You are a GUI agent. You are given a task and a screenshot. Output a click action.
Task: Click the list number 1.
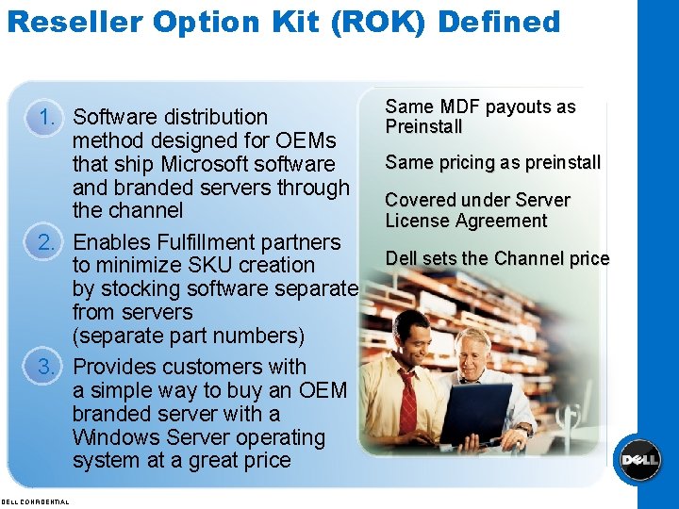(x=49, y=117)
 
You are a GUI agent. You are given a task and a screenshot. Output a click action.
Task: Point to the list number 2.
(x=49, y=242)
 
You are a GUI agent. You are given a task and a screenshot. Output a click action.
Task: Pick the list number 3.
(x=49, y=367)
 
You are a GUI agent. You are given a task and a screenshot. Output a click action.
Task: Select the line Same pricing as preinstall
(x=492, y=162)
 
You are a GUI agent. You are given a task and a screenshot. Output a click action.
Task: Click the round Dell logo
(x=638, y=460)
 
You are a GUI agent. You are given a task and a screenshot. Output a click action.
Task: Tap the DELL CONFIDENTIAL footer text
(x=35, y=501)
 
